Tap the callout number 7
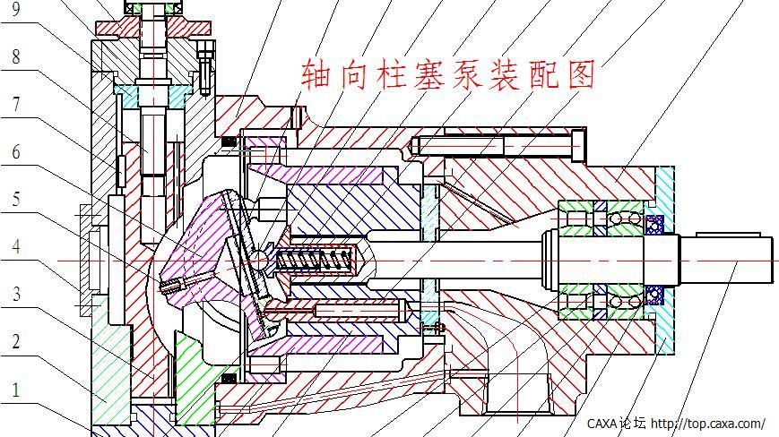pyautogui.click(x=15, y=105)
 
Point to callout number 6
pyautogui.click(x=15, y=151)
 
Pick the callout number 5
pyautogui.click(x=15, y=199)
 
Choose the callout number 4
pyautogui.click(x=15, y=246)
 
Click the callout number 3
pyautogui.click(x=15, y=294)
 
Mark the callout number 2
pyautogui.click(x=15, y=341)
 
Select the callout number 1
pyautogui.click(x=15, y=390)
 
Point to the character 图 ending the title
pyautogui.click(x=580, y=75)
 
